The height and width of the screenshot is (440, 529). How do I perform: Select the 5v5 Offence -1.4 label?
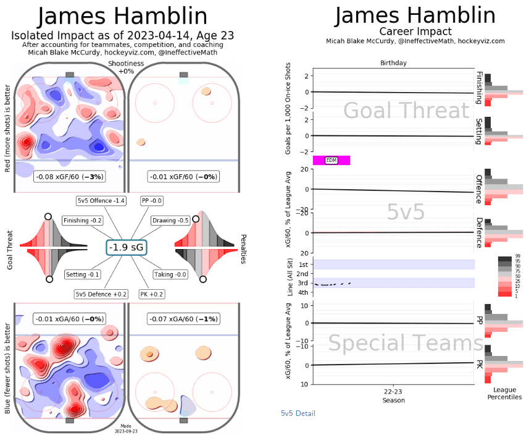pyautogui.click(x=102, y=201)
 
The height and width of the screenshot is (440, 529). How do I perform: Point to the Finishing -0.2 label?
pyautogui.click(x=83, y=221)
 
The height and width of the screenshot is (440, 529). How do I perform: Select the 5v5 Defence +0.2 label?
pyautogui.click(x=101, y=294)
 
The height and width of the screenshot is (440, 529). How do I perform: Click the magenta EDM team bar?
pyautogui.click(x=331, y=161)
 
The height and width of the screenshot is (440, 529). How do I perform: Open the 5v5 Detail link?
pyautogui.click(x=298, y=413)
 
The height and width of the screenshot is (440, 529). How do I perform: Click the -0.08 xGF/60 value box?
pyautogui.click(x=70, y=177)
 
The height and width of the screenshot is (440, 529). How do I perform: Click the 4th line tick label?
pyautogui.click(x=303, y=292)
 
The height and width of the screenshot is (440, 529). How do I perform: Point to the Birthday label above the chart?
pyautogui.click(x=393, y=63)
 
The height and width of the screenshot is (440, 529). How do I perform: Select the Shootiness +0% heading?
pyautogui.click(x=125, y=67)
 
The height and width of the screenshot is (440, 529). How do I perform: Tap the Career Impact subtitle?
pyautogui.click(x=415, y=32)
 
